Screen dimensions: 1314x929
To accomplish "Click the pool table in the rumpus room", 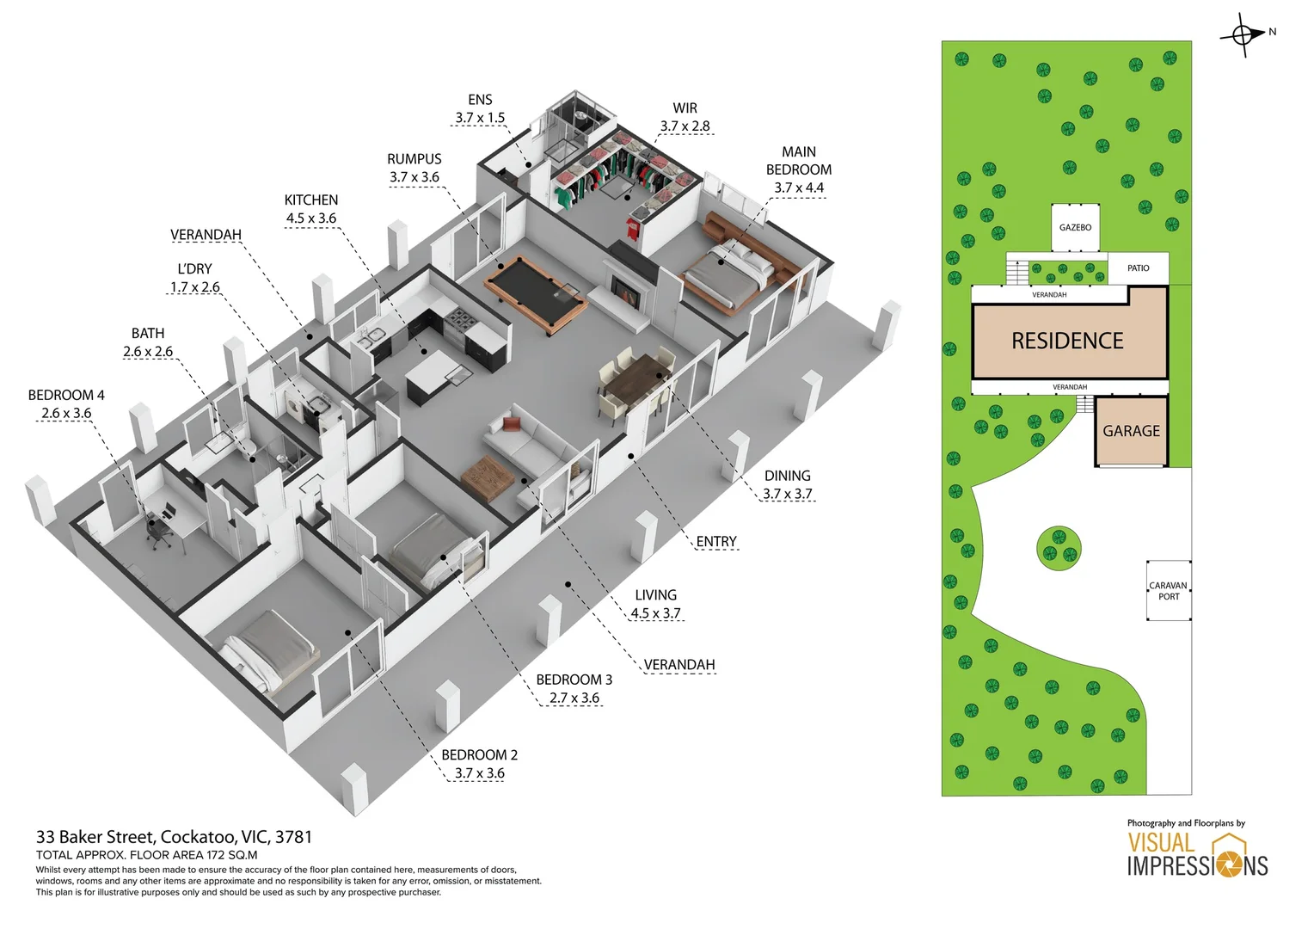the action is [x=535, y=294].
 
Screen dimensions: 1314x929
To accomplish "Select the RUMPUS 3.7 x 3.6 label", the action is [x=414, y=168].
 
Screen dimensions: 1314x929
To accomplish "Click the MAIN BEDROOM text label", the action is [x=798, y=161].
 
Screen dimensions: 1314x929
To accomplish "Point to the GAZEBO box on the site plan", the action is [x=1075, y=227].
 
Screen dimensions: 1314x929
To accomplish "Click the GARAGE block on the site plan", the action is [x=1131, y=431].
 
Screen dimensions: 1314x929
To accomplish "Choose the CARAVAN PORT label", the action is [x=1168, y=591].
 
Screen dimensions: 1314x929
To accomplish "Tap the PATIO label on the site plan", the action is [x=1138, y=268].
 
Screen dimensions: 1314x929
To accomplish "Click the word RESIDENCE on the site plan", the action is [x=1067, y=341].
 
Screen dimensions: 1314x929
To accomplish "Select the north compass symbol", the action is [x=1243, y=35].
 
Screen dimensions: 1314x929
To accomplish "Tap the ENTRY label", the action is [x=715, y=542].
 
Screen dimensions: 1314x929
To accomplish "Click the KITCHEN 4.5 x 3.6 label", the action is [x=311, y=209].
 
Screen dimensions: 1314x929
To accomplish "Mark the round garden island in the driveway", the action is [x=1059, y=548].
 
